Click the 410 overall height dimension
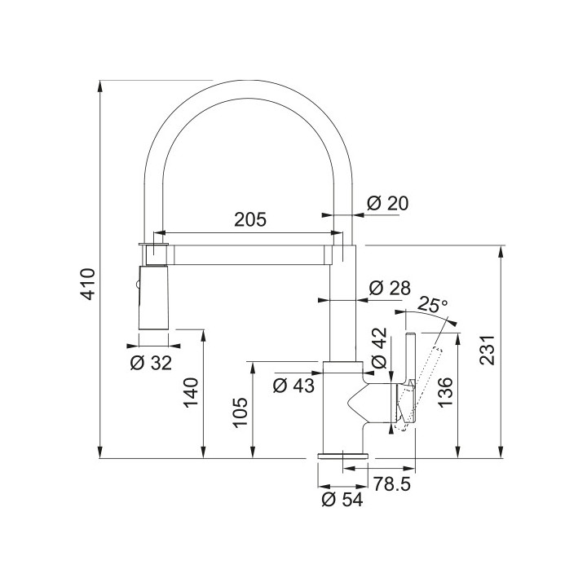89,285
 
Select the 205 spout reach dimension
250,219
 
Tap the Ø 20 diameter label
387,203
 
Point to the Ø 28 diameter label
390,288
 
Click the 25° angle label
431,304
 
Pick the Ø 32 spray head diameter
151,362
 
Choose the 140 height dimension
191,393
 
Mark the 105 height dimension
240,413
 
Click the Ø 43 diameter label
293,385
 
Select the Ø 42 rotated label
379,348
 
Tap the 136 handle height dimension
445,392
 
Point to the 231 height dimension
488,350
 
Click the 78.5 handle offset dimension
392,483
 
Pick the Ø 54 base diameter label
342,500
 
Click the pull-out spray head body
153,298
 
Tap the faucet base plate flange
343,456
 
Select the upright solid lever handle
410,380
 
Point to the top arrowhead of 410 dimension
100,86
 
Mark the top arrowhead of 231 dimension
501,252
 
